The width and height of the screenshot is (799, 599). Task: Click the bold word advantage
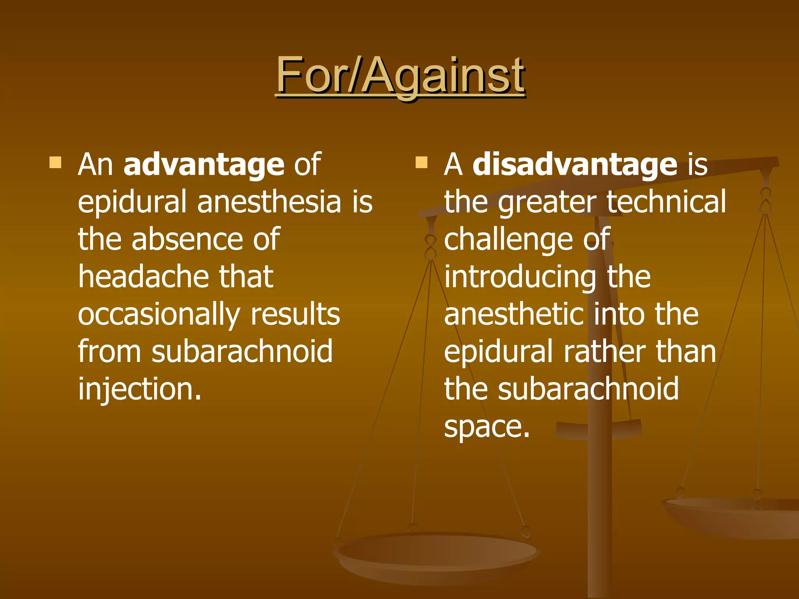coord(204,164)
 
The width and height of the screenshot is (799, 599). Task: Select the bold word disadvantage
coord(575,164)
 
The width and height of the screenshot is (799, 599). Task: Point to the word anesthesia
coord(269,202)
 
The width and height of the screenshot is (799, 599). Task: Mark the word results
coord(295,314)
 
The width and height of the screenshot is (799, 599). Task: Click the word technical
coord(666,202)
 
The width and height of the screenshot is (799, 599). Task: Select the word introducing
coord(520,277)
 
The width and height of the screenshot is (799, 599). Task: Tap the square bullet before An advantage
coord(55,162)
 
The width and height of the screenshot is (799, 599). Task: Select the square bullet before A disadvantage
coord(421,162)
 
